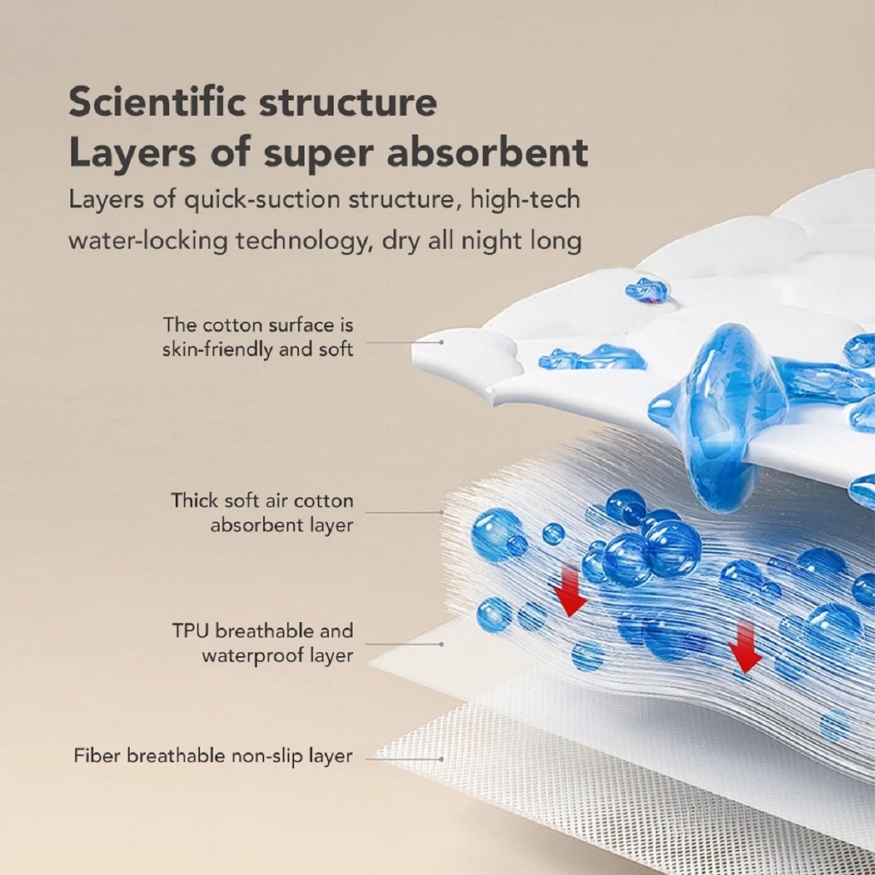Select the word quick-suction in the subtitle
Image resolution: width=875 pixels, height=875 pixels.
pyautogui.click(x=247, y=200)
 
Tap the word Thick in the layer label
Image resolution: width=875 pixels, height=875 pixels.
pyautogui.click(x=194, y=500)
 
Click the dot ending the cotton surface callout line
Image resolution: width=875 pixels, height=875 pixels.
pyautogui.click(x=442, y=342)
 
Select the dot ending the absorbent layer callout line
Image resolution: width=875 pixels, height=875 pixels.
pyautogui.click(x=442, y=513)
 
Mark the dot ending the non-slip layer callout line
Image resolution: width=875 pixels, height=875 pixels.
pyautogui.click(x=442, y=757)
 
